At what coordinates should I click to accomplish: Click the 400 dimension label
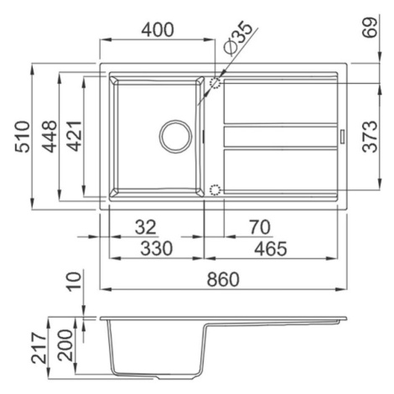click(158, 30)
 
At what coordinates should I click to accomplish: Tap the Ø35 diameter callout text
click(237, 37)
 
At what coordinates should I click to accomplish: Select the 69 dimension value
click(370, 28)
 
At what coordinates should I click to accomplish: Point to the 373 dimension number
click(370, 137)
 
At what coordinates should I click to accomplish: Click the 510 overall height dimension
click(22, 137)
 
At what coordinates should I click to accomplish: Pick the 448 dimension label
click(49, 137)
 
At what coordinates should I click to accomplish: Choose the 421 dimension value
click(74, 137)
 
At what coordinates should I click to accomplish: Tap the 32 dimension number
click(146, 227)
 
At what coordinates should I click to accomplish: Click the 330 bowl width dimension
click(157, 249)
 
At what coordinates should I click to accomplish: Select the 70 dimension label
click(260, 227)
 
